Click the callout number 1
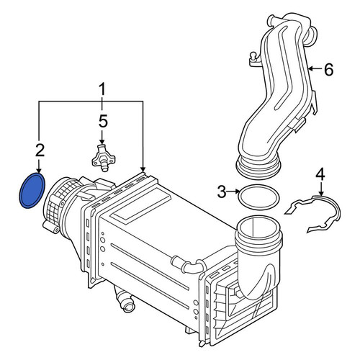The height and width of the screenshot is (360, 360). pyautogui.click(x=102, y=89)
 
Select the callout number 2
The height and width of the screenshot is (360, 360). pyautogui.click(x=40, y=150)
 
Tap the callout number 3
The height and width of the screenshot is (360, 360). pyautogui.click(x=222, y=192)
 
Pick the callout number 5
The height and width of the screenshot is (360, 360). pyautogui.click(x=103, y=121)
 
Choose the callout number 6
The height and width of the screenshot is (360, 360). pyautogui.click(x=328, y=69)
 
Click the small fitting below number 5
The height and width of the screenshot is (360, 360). pyautogui.click(x=104, y=158)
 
